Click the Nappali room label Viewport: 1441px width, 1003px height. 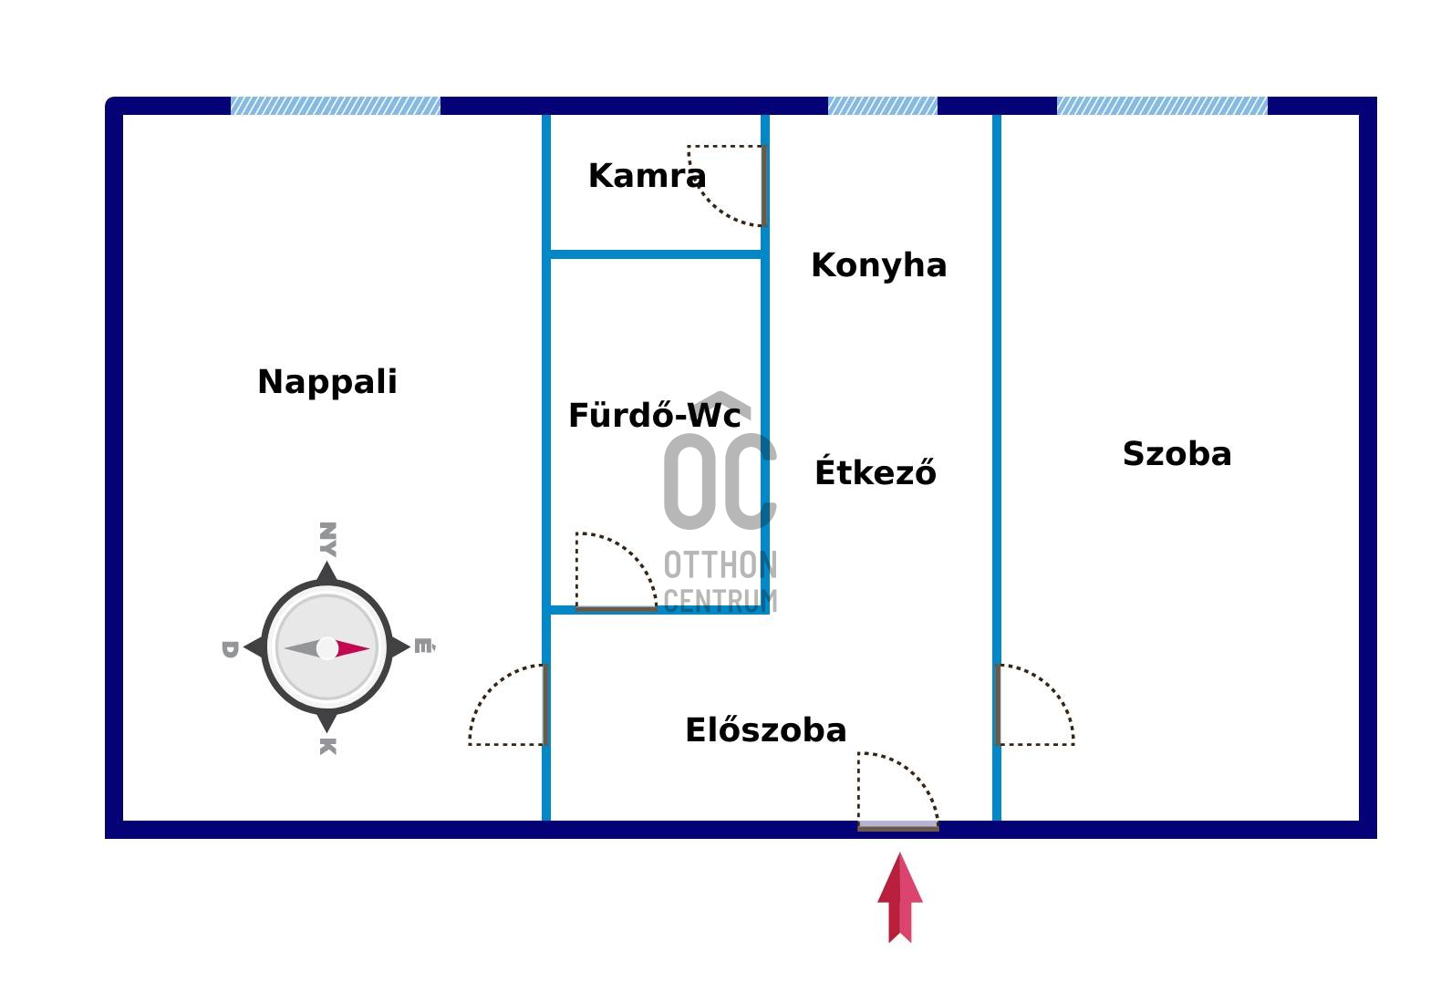pos(327,382)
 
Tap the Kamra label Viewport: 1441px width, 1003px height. pos(648,176)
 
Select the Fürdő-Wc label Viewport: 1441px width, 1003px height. pos(655,415)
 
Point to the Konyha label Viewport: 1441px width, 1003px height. pos(879,265)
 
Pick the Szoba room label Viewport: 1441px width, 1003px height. pos(1177,453)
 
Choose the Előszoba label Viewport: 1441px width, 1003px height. pos(765,729)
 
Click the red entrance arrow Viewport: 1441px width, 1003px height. pos(900,897)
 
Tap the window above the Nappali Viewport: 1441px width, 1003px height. pos(335,106)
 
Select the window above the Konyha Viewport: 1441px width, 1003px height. pos(882,106)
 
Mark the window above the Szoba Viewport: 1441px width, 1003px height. pos(1162,106)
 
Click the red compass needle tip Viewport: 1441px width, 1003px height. pos(370,648)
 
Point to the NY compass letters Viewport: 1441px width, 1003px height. pos(328,539)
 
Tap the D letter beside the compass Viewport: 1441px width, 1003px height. pos(230,649)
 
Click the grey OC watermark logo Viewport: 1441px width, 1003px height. pos(720,481)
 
